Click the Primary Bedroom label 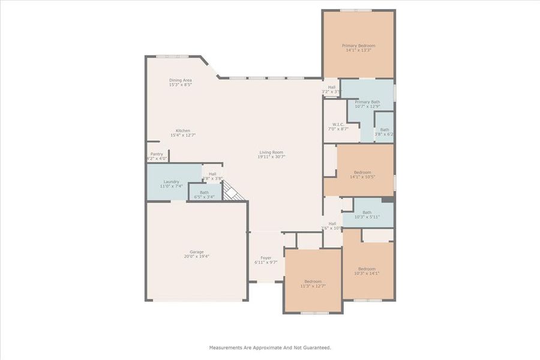pos(358,46)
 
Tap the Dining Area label pos(180,80)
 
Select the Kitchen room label pos(183,131)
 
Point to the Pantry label pos(156,154)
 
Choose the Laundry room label pos(172,182)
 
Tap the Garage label pos(197,251)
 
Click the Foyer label pos(266,257)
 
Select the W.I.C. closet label pos(338,124)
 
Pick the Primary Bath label pos(367,102)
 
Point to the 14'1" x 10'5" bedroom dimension pos(362,177)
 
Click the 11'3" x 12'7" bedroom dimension pos(313,286)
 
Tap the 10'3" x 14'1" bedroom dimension pos(367,274)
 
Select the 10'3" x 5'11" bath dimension pos(367,217)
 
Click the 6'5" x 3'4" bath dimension pos(205,197)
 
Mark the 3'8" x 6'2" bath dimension pos(384,134)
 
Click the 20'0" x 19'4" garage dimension pos(197,256)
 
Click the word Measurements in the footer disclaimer pos(226,347)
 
